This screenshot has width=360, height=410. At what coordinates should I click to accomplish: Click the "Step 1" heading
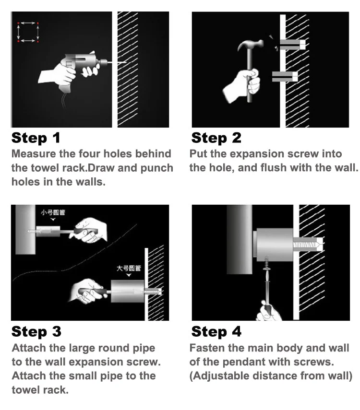[x=36, y=138]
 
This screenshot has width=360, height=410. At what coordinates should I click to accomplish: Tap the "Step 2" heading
[x=216, y=138]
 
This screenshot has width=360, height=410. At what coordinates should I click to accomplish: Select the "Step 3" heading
[x=36, y=331]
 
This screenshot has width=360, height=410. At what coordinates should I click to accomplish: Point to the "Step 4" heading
[x=216, y=331]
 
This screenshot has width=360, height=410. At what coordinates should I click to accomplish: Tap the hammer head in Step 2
[x=251, y=45]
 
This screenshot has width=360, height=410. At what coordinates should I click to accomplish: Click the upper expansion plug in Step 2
[x=292, y=45]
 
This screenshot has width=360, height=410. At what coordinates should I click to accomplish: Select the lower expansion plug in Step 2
[x=285, y=77]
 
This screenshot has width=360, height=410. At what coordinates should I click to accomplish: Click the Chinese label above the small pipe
[x=53, y=212]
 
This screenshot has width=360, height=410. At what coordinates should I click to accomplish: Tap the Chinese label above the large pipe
[x=129, y=268]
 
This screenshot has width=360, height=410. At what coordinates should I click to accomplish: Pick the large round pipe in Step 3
[x=127, y=291]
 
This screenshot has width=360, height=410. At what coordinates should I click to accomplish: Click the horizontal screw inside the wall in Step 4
[x=306, y=245]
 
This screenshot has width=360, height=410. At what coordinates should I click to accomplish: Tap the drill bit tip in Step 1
[x=126, y=62]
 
